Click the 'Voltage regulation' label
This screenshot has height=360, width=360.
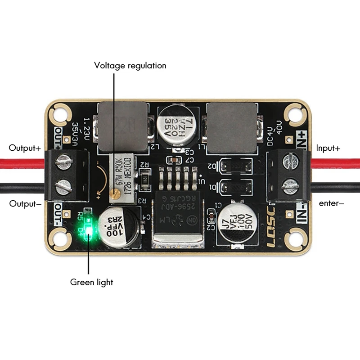click(130, 66)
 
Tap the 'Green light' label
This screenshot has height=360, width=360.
click(91, 283)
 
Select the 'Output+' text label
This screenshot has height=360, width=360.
click(25, 148)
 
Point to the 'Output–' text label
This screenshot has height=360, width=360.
click(25, 203)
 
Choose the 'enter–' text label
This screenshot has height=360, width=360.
click(331, 203)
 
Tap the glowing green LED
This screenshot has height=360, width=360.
click(89, 231)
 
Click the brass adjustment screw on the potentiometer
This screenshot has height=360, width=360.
click(116, 193)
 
